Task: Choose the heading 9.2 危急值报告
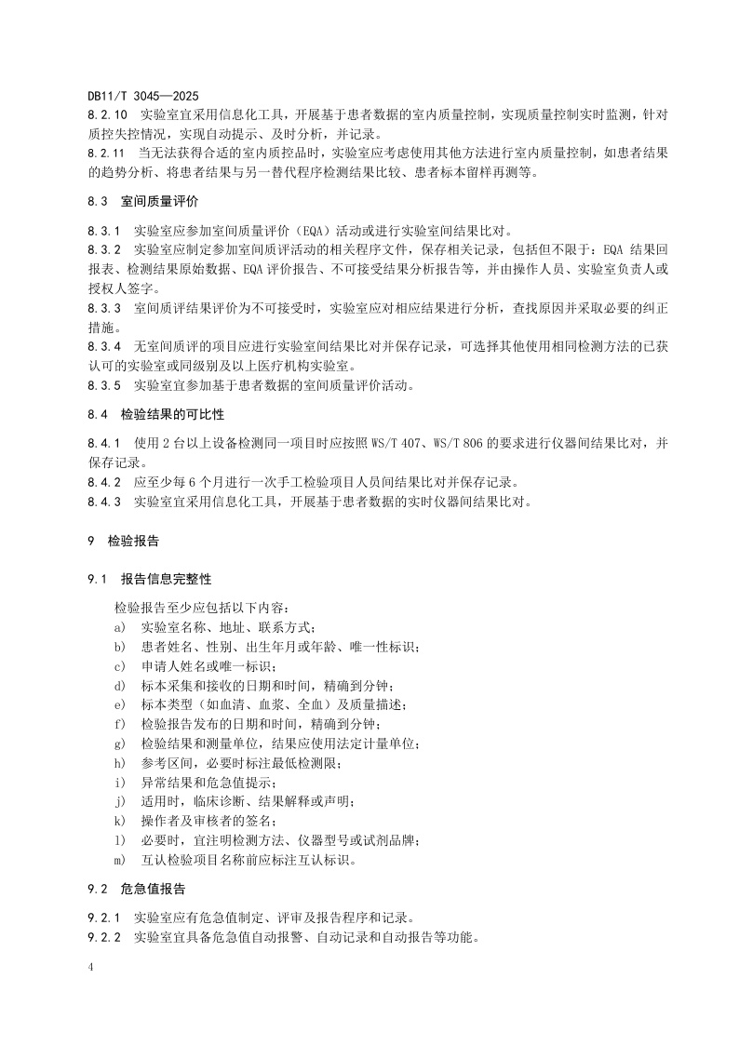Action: pyautogui.click(x=137, y=888)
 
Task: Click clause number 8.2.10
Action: pyautogui.click(x=107, y=114)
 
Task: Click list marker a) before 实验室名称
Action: pyautogui.click(x=120, y=627)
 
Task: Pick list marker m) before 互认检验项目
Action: pyautogui.click(x=121, y=860)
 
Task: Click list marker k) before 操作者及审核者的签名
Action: pyautogui.click(x=120, y=821)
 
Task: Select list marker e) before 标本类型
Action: pyautogui.click(x=120, y=704)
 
